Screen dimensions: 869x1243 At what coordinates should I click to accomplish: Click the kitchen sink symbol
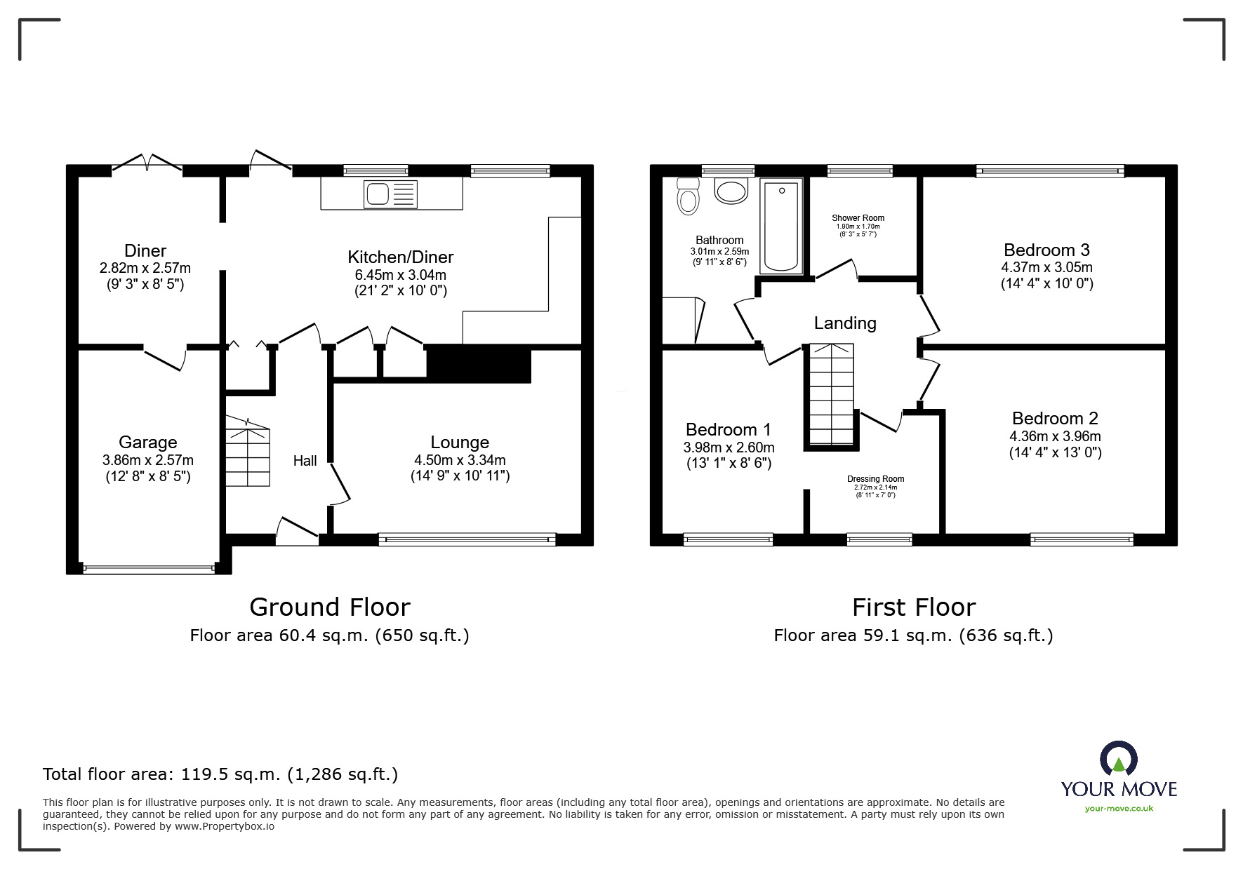[x=390, y=194]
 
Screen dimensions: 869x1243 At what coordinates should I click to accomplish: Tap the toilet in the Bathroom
[x=688, y=197]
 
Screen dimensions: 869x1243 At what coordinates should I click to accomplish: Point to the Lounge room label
[x=460, y=443]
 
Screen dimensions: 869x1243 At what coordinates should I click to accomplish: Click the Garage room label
[x=147, y=443]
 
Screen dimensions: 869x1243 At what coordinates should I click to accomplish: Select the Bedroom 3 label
[x=1046, y=250]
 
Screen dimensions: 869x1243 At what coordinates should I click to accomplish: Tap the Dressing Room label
[x=875, y=479]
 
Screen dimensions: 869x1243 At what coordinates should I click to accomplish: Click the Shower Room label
[x=858, y=218]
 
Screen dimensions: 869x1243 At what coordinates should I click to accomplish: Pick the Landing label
[x=845, y=323]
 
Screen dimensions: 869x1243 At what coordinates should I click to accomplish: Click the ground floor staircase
[x=248, y=456]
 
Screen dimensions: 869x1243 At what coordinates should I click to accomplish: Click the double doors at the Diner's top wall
[x=147, y=163]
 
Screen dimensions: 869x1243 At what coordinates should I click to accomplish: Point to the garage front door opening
[x=149, y=569]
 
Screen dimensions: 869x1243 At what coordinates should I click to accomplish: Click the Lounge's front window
[x=467, y=539]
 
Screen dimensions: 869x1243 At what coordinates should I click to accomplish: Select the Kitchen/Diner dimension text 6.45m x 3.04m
[x=401, y=276]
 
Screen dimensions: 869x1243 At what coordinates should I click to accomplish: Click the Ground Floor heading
[x=329, y=607]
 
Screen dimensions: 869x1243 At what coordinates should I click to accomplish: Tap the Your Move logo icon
[x=1118, y=759]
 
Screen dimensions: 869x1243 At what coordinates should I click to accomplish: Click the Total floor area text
[x=220, y=774]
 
